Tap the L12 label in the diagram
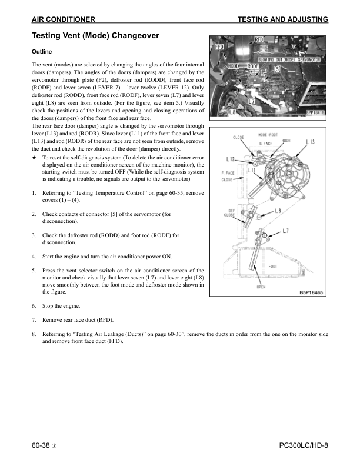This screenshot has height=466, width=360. click(x=231, y=158)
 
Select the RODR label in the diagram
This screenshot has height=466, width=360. click(x=286, y=141)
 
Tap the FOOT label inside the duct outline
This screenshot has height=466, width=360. click(x=273, y=266)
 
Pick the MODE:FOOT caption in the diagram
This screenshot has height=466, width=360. click(x=268, y=135)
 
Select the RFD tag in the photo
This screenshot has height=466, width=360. click(x=259, y=40)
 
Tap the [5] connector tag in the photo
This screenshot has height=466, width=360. click(x=278, y=69)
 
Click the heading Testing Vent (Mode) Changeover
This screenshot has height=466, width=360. click(x=95, y=36)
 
